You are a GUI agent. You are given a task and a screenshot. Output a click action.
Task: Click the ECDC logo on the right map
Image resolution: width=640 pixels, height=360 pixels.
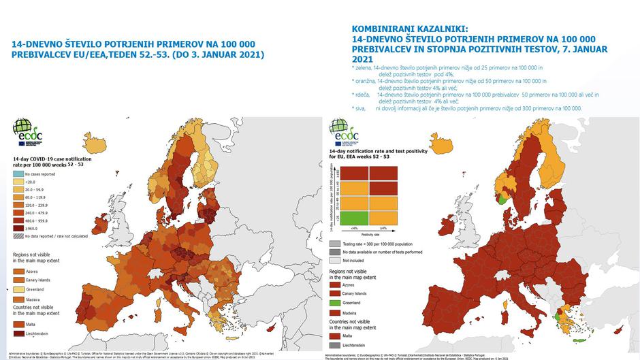[342, 131]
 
